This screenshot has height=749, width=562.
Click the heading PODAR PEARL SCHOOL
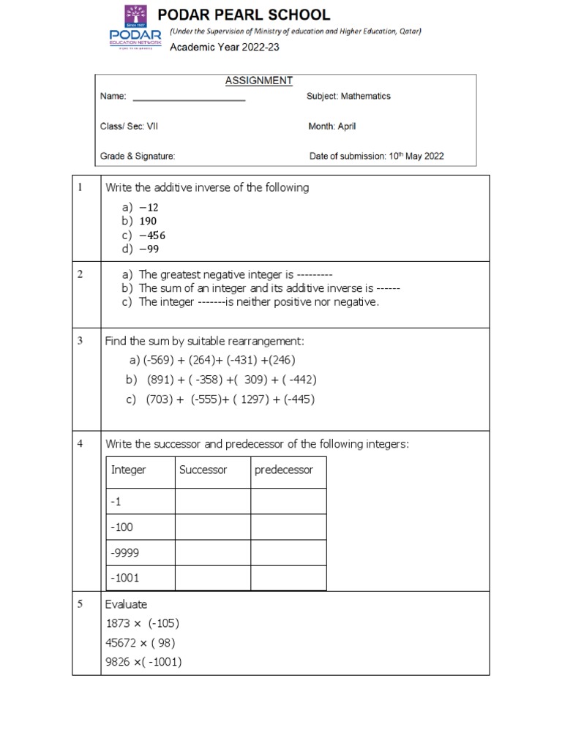click(250, 15)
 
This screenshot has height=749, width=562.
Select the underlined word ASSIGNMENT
click(259, 80)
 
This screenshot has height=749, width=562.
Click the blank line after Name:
click(188, 97)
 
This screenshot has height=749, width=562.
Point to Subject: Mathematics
click(348, 97)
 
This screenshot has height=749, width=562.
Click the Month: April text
click(332, 127)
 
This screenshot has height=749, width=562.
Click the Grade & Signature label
click(138, 156)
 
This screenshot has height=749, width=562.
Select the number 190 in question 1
click(146, 221)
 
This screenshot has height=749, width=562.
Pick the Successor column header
click(203, 470)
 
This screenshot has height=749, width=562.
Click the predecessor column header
click(283, 470)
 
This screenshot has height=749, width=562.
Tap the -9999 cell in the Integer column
click(124, 552)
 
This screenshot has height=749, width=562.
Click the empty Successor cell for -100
click(212, 527)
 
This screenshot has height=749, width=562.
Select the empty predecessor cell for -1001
click(288, 578)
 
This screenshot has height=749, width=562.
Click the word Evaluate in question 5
click(126, 604)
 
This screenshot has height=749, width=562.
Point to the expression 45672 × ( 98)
click(140, 643)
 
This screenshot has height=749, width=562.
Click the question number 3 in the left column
click(80, 340)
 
